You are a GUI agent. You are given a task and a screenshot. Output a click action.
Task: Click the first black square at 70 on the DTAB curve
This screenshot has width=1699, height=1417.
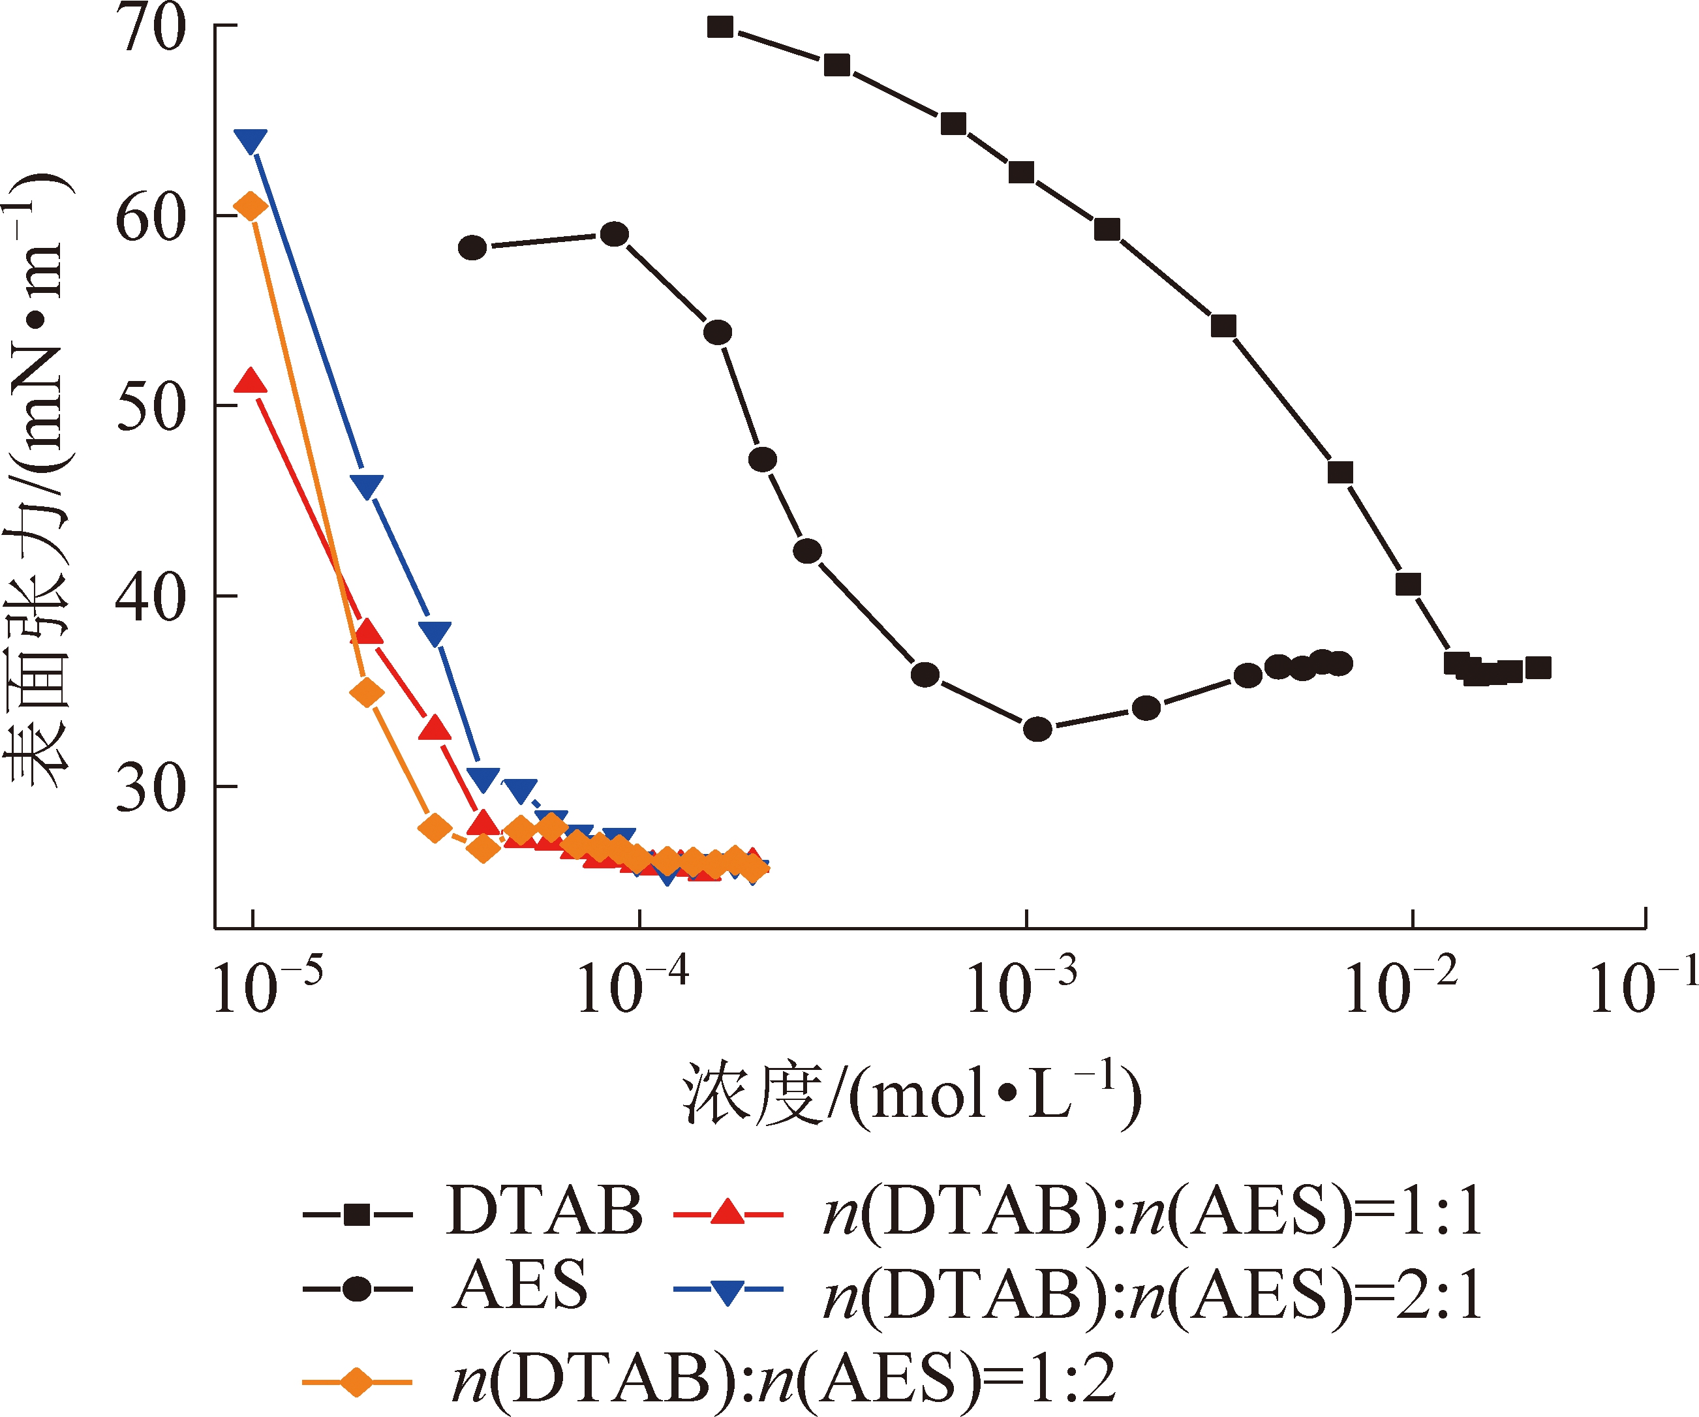tap(720, 27)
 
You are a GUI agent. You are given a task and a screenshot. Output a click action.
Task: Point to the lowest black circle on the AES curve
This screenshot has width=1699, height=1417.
tap(1037, 729)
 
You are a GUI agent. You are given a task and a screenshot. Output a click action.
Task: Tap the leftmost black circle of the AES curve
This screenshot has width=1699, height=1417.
tap(472, 247)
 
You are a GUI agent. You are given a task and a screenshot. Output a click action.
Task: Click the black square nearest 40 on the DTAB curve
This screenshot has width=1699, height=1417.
tap(1409, 584)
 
